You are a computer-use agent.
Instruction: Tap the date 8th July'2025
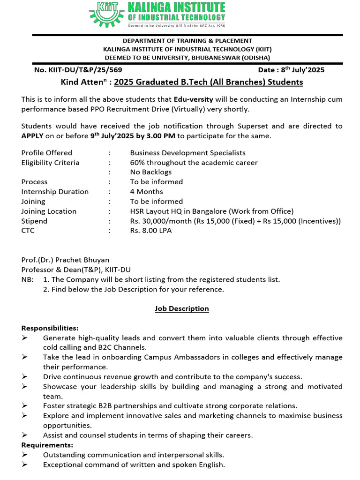pos(302,70)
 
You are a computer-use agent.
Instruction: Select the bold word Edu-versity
pos(193,99)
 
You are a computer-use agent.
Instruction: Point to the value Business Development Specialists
pos(187,153)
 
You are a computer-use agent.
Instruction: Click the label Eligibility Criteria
pos(50,163)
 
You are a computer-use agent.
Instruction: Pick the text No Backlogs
pos(151,172)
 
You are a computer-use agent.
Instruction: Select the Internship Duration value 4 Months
pos(146,192)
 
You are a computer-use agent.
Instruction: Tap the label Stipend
pos(34,221)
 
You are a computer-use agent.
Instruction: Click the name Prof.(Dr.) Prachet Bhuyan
pos(65,260)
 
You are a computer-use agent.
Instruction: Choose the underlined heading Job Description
pos(182,308)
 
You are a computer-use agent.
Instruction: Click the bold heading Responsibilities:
pos(50,328)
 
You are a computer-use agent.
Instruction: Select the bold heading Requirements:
pos(47,445)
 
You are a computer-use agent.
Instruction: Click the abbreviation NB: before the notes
pos(28,279)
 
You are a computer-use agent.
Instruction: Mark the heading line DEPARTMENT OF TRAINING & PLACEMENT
pos(187,41)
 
